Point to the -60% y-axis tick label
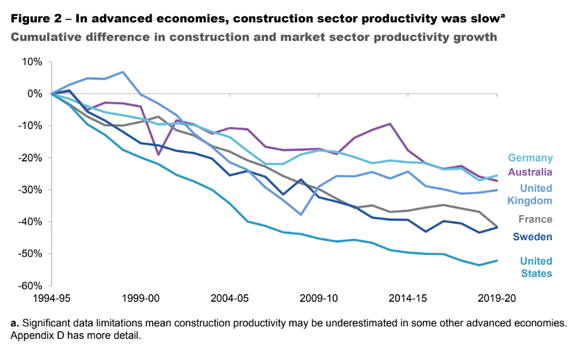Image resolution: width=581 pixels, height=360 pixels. point(32,286)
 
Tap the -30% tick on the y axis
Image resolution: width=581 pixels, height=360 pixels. point(32,190)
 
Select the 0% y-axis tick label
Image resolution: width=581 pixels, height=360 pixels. point(35,94)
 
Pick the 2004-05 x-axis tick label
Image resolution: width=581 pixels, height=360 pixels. point(230,298)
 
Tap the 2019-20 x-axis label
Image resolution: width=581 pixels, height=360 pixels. point(497,298)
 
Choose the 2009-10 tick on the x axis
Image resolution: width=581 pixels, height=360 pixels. point(319,298)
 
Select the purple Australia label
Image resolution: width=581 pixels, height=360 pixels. point(530,172)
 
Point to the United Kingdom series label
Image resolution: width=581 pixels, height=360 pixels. point(536,194)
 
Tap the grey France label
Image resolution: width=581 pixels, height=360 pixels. point(536,220)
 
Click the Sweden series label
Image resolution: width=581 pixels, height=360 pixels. point(533,237)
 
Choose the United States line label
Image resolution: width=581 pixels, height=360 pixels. point(536,267)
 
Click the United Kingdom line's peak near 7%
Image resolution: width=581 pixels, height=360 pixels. point(123,71)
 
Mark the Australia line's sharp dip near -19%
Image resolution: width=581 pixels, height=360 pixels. point(159,155)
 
